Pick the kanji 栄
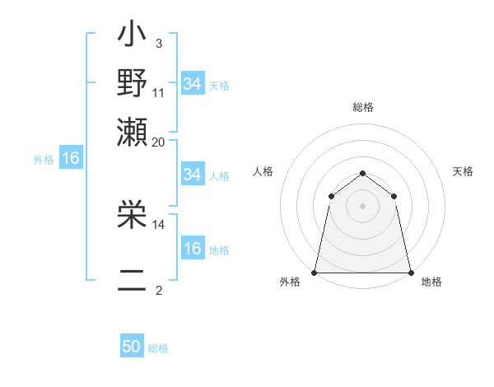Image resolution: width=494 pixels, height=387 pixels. [132, 217]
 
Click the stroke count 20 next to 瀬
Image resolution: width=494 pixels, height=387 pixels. [159, 142]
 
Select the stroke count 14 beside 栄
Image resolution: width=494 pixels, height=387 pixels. [159, 223]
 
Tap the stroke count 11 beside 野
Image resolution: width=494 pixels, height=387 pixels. [159, 91]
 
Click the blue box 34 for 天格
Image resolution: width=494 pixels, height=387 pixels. [192, 84]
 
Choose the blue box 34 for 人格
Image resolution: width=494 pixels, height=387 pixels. [192, 175]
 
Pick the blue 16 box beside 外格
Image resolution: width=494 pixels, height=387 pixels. [71, 158]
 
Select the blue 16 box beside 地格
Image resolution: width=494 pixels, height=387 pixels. [192, 249]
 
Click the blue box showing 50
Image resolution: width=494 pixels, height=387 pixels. [132, 347]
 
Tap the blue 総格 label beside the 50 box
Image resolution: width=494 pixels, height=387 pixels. [158, 348]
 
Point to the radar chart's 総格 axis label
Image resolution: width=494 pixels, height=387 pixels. [362, 107]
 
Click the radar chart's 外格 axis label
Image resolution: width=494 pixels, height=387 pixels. [290, 282]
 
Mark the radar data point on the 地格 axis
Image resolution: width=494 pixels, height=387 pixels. [410, 272]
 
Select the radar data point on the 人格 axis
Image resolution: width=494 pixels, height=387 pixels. [331, 196]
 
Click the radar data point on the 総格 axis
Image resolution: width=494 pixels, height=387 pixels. [362, 173]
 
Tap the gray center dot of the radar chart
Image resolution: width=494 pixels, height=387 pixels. [362, 206]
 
